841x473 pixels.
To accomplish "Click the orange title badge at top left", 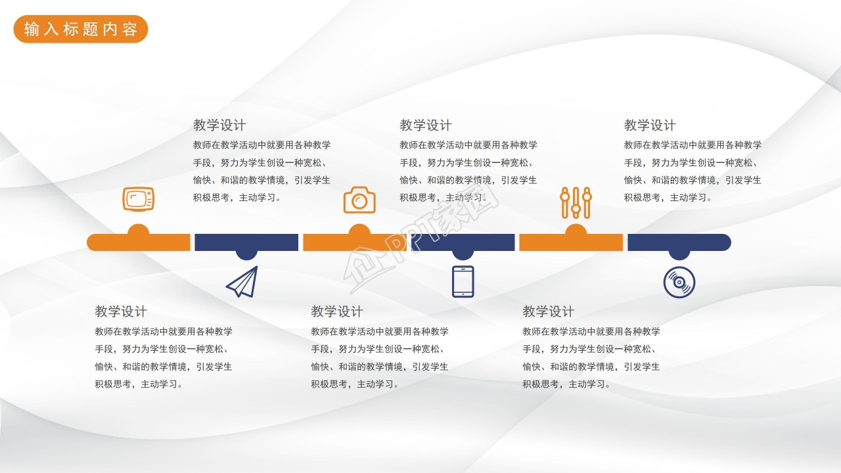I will point(81,30).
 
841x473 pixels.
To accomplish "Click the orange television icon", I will point(138,198).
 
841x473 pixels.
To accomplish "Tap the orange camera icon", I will point(359,200).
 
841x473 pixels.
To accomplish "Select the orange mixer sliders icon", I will point(576,202).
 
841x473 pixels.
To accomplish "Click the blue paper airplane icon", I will point(242,282).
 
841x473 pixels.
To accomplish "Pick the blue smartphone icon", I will point(463,282).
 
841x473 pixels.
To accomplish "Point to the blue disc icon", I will point(679,282).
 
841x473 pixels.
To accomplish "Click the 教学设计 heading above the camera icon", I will point(426,125).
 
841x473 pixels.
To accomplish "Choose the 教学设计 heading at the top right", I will point(650,125).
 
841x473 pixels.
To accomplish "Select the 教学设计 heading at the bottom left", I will point(121,311).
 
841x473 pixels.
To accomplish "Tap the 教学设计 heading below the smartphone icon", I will point(337,311).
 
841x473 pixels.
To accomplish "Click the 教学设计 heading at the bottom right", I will point(549,311).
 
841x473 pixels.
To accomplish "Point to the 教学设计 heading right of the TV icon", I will point(219,125).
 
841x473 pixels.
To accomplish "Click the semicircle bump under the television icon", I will point(138,230).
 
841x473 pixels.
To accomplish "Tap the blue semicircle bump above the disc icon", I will point(679,255).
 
